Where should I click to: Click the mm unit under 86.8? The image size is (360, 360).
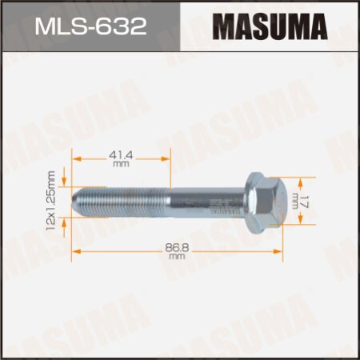pos(176,257)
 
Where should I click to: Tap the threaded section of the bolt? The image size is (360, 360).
pos(124,197)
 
